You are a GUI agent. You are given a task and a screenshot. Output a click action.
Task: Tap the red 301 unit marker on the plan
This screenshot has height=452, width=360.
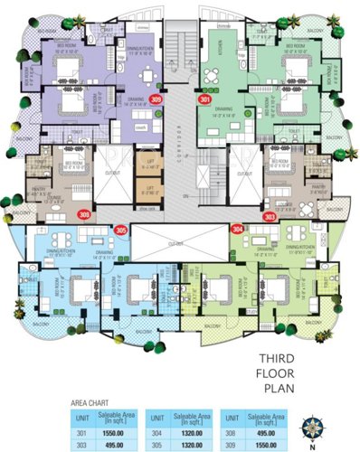click(x=204, y=100)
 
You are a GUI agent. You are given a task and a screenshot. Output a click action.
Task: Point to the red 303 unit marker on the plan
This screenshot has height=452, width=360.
click(x=270, y=216)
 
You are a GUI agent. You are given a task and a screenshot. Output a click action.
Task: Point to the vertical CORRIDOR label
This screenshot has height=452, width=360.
click(x=181, y=144)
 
